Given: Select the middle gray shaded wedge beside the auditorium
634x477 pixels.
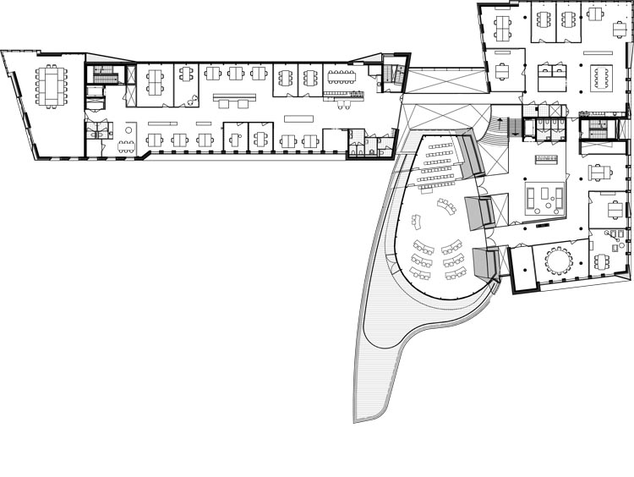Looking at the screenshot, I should [x=478, y=211].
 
